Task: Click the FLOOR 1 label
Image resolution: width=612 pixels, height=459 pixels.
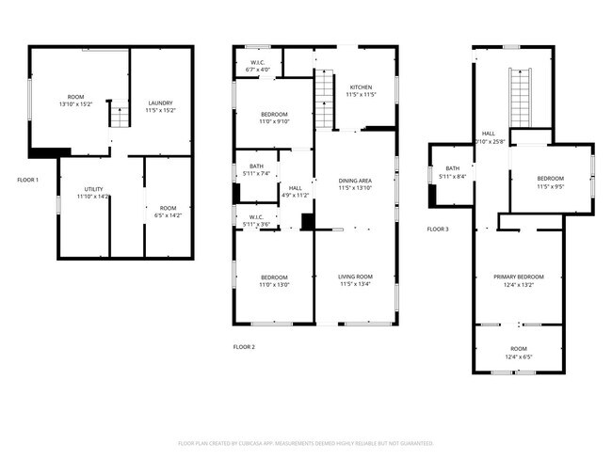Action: point(27,179)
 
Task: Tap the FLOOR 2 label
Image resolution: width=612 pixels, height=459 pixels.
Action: point(244,347)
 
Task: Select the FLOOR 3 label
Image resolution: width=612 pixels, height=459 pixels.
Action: point(438,229)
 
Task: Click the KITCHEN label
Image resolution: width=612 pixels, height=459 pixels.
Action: point(361,87)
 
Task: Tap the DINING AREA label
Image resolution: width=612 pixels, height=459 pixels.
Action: point(355,180)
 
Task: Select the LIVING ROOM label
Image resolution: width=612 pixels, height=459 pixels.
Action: point(356,277)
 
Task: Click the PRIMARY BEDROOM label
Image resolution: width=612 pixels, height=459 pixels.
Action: point(519,277)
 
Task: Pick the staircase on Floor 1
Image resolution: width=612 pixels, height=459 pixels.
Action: point(120,117)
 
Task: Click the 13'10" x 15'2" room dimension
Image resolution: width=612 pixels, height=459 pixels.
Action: point(76,105)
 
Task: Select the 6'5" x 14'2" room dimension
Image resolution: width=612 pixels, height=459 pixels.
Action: point(167,214)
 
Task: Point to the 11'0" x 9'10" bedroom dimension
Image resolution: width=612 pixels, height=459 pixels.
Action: point(274,121)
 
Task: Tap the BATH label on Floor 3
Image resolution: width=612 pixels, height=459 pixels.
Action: point(452,168)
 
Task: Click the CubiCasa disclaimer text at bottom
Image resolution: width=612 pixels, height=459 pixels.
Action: point(305,443)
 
